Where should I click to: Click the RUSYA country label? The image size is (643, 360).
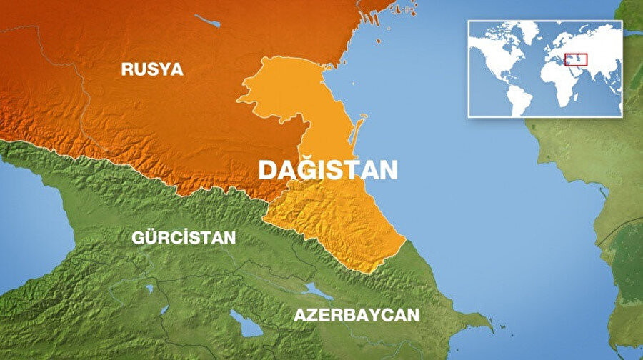[x=151, y=69]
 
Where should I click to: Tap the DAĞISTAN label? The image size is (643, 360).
[x=327, y=169]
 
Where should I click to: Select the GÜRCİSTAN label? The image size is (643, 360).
[x=184, y=238]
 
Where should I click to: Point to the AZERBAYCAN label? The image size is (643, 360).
[x=357, y=315]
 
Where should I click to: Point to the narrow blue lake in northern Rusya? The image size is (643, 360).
[x=208, y=21]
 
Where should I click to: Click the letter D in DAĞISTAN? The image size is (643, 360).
[x=266, y=170]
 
